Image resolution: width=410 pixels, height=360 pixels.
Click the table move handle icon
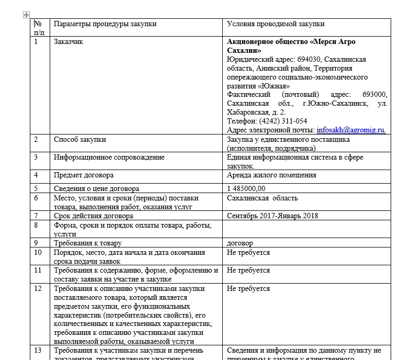click(x=26, y=15)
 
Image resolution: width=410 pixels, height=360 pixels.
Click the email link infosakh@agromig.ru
click(x=351, y=130)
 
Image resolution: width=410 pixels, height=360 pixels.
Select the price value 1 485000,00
click(x=246, y=188)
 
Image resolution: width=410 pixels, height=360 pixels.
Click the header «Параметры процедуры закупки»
click(x=105, y=24)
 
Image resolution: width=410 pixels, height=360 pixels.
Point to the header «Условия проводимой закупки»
click(x=276, y=24)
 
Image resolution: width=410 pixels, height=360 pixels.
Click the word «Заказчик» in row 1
click(x=69, y=42)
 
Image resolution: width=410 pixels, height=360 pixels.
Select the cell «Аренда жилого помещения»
click(x=271, y=175)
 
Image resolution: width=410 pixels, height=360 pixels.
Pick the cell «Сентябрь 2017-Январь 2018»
click(x=272, y=216)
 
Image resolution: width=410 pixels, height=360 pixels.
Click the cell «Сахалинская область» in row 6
click(x=263, y=198)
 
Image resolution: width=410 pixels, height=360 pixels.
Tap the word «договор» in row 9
click(x=240, y=243)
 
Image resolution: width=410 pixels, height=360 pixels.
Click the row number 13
click(x=38, y=350)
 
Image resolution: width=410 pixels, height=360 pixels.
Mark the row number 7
click(x=36, y=216)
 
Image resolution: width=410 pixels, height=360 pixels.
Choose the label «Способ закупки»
click(x=80, y=139)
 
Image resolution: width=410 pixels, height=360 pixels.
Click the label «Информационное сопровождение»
click(x=109, y=157)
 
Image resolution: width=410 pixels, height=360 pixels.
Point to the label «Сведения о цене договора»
click(x=97, y=188)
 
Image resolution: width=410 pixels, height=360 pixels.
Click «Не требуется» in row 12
click(x=248, y=288)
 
